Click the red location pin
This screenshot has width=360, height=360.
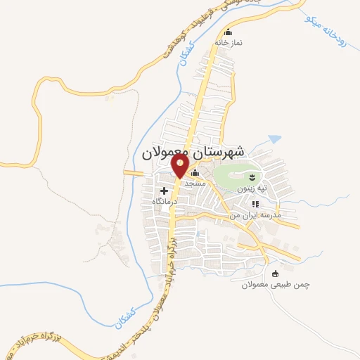click(181, 165)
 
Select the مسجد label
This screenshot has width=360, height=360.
click(194, 182)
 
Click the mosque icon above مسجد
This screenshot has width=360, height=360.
click(195, 173)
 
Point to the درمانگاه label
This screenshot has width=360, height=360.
click(163, 201)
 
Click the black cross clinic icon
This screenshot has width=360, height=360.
click(165, 191)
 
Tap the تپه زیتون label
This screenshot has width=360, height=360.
click(252, 188)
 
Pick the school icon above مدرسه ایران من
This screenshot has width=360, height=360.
click(255, 205)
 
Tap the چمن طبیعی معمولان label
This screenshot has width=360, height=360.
click(276, 284)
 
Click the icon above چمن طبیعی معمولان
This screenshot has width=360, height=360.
click(275, 273)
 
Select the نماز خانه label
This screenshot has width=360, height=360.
click(229, 42)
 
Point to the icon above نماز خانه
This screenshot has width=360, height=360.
click(227, 32)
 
